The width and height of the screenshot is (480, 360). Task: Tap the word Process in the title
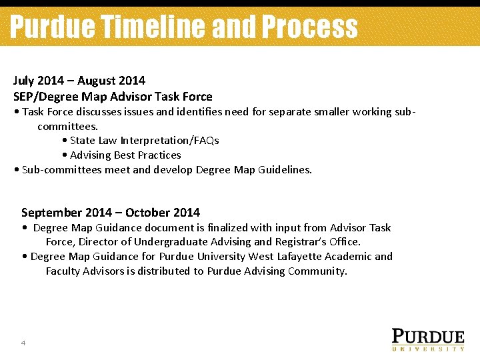point(309,27)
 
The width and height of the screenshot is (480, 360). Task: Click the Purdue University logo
point(427,339)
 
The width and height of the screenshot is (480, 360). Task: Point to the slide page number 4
point(23,343)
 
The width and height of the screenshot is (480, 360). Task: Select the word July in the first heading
point(23,81)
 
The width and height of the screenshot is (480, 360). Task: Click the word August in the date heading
point(97,81)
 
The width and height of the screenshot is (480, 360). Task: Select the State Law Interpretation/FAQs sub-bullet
point(144,140)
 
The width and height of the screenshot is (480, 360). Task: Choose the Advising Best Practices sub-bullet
point(125,155)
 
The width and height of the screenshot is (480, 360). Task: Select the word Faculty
point(63,271)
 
